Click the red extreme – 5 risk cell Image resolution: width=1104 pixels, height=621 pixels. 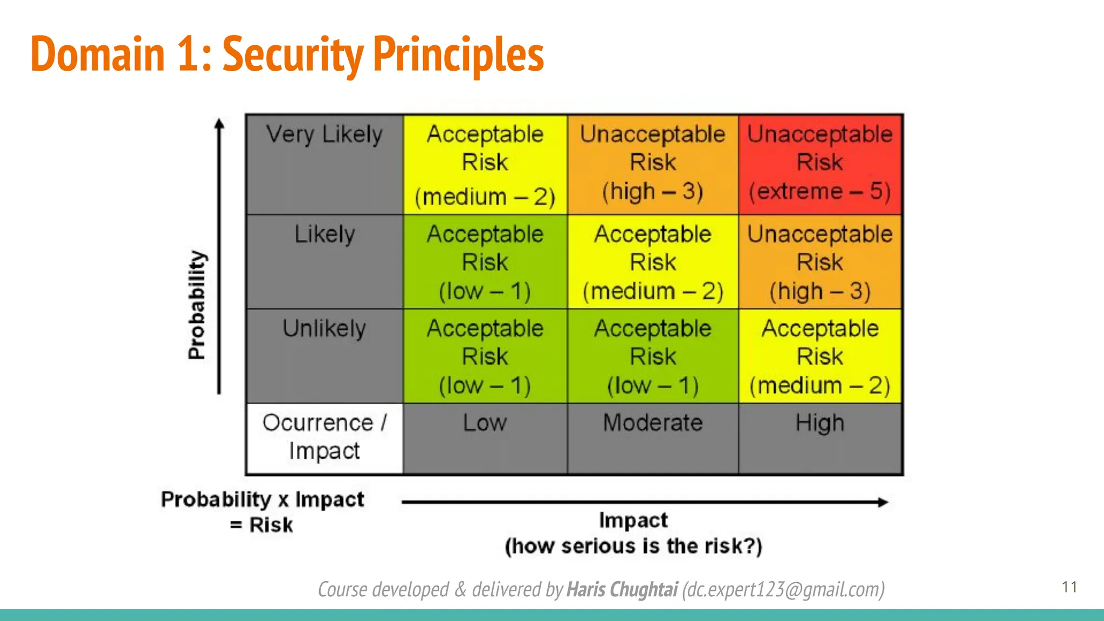pos(819,164)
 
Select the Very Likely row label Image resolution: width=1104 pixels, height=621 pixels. pos(325,135)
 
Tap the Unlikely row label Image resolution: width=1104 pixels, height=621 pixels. pos(325,329)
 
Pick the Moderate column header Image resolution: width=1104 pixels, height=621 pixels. pos(652,423)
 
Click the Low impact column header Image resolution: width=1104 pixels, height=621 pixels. pos(485,423)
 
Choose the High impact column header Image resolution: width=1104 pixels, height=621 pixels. pos(819,423)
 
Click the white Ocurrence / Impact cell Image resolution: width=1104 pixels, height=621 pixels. pos(325,437)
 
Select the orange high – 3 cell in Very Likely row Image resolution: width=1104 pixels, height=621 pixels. pos(652,164)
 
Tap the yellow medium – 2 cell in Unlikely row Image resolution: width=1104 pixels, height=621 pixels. pos(819,356)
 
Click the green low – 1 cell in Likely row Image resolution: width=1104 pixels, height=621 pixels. pos(485,262)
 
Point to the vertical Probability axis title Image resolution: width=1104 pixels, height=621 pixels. pos(197,305)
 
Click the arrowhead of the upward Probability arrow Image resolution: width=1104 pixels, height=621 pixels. pos(219,124)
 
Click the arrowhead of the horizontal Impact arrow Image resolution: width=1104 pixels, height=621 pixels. pos(882,502)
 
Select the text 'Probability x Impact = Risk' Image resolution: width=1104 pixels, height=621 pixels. pos(263,512)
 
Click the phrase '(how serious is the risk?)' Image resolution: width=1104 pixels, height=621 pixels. pos(633,546)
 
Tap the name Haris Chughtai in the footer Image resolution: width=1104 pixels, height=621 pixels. pos(622,590)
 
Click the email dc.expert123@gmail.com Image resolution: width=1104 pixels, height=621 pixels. pos(783,590)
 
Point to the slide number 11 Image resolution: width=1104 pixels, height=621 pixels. pos(1069,587)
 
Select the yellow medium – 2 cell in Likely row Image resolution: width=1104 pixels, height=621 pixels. pos(652,262)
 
